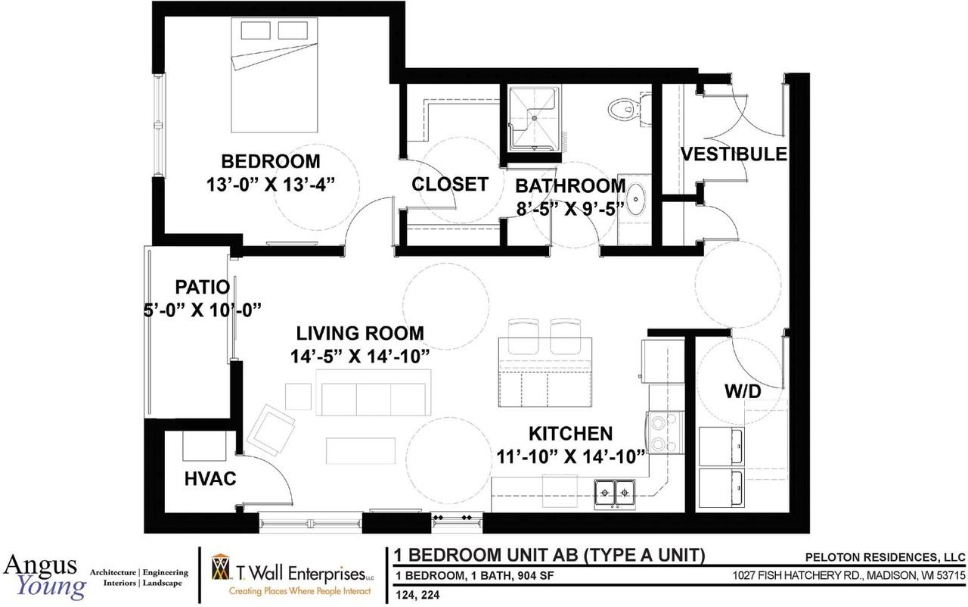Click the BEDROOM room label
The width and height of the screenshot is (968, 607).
click(271, 161)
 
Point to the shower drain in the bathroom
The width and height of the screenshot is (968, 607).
click(534, 118)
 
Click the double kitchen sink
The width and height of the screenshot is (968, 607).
click(614, 493)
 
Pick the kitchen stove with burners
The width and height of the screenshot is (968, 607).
click(665, 432)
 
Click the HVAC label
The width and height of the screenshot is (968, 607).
click(210, 478)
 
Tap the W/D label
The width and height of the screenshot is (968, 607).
click(743, 392)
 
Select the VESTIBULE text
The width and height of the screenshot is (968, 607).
click(734, 154)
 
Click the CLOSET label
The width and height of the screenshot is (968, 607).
click(450, 184)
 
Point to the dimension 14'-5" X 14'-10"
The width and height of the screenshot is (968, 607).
click(360, 356)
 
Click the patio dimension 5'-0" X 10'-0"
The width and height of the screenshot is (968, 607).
click(203, 310)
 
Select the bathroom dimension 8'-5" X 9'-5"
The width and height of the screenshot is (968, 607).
click(570, 209)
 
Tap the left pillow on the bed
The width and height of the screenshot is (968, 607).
click(256, 31)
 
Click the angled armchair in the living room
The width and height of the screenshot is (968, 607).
click(273, 429)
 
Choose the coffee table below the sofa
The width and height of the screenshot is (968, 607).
click(361, 451)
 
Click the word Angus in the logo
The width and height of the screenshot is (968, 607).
click(40, 565)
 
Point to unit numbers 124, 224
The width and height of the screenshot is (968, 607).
click(417, 596)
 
